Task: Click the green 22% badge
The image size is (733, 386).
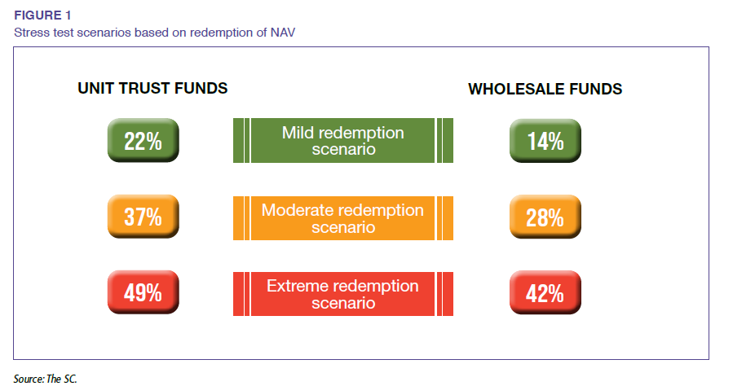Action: point(143,141)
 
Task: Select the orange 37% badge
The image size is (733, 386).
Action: point(143,217)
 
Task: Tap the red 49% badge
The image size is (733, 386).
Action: point(143,293)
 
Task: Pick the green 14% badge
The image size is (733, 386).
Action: point(545,141)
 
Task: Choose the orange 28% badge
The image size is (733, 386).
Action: point(545,217)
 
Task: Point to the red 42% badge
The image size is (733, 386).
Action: point(545,293)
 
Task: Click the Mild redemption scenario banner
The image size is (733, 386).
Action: point(342,141)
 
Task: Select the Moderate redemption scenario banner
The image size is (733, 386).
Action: point(342,217)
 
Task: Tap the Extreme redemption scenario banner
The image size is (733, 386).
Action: point(342,294)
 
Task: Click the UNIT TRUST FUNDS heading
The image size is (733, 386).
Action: point(152,88)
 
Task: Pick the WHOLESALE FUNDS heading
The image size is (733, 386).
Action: point(545,89)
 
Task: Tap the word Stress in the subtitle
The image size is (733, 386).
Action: point(30,32)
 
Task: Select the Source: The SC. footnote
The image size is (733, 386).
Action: point(44,379)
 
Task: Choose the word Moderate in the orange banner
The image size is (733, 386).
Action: point(298,209)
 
